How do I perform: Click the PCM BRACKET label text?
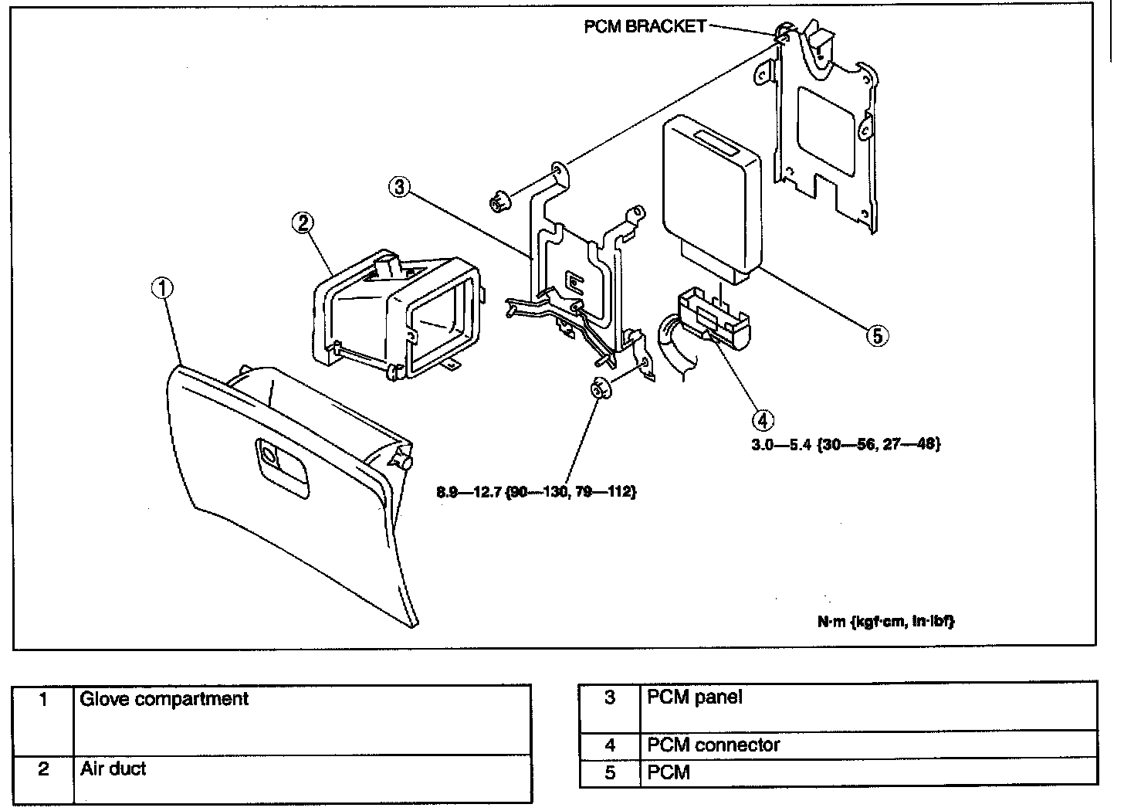[x=645, y=26]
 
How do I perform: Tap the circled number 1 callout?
[x=162, y=289]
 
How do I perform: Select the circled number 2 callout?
[x=303, y=223]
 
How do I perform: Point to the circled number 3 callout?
[x=399, y=188]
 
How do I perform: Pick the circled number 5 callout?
[x=877, y=335]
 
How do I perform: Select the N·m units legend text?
[x=886, y=622]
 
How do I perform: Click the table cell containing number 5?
[x=610, y=772]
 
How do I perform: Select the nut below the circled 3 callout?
[x=499, y=202]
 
